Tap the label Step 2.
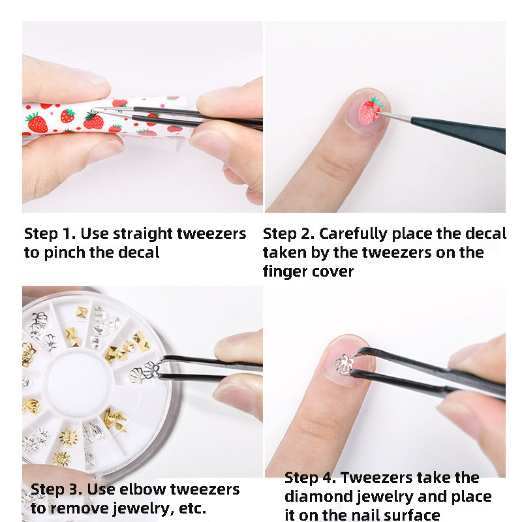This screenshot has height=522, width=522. click(288, 234)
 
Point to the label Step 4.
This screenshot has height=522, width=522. click(310, 478)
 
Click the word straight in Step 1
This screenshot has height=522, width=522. click(144, 234)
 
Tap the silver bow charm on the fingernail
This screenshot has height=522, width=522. click(344, 363)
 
